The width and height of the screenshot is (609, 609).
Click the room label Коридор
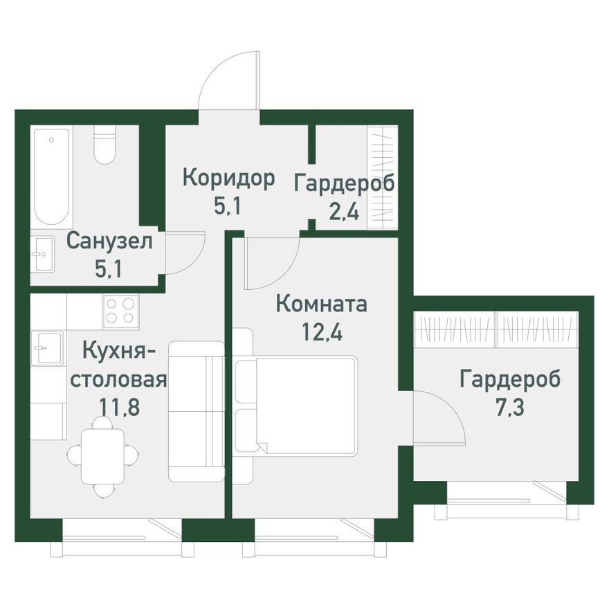pyautogui.click(x=228, y=178)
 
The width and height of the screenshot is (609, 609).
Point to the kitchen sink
pyautogui.click(x=46, y=347)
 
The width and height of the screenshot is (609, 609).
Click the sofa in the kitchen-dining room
pyautogui.click(x=196, y=411)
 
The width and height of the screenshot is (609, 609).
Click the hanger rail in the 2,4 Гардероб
pyautogui.click(x=384, y=178)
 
